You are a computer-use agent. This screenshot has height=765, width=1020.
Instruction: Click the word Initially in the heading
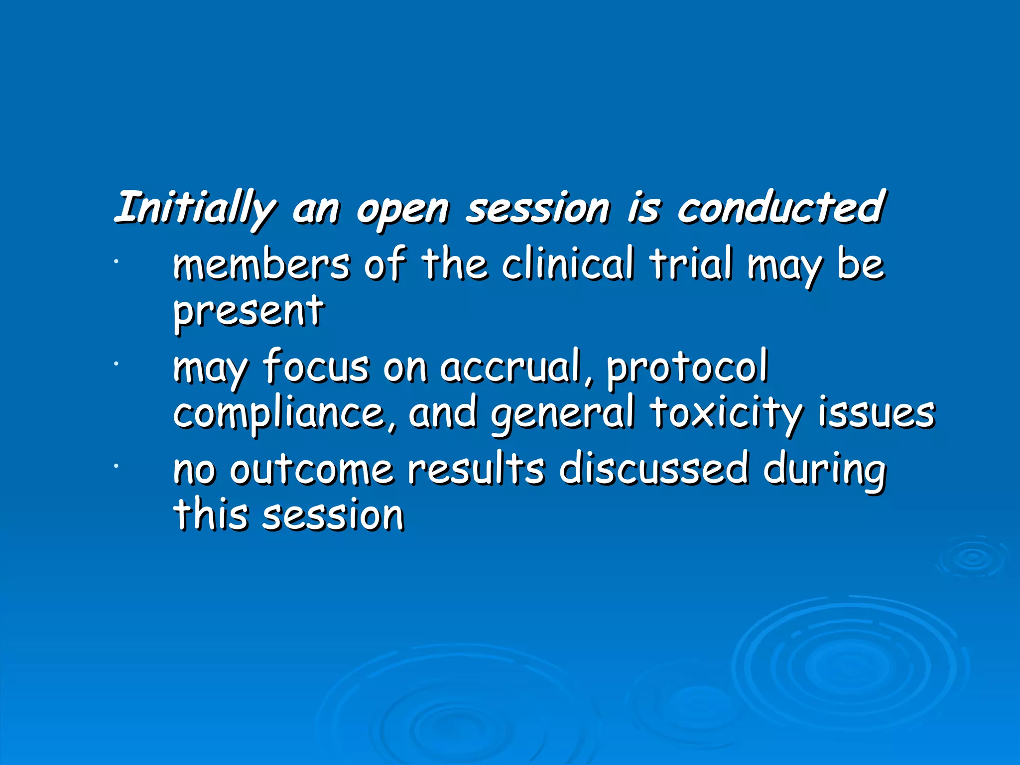pyautogui.click(x=194, y=208)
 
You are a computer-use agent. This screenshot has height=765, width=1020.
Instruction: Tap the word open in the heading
pyautogui.click(x=402, y=209)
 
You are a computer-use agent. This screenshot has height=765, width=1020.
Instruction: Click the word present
pyautogui.click(x=248, y=311)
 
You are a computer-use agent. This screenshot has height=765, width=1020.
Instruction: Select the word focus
pyautogui.click(x=316, y=367)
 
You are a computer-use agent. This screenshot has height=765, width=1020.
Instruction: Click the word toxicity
pyautogui.click(x=726, y=413)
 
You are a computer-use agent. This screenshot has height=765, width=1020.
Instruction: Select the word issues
pyautogui.click(x=877, y=413)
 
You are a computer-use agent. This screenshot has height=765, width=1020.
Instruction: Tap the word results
pyautogui.click(x=476, y=469)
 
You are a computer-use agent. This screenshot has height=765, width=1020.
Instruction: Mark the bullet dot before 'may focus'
pyautogui.click(x=115, y=365)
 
